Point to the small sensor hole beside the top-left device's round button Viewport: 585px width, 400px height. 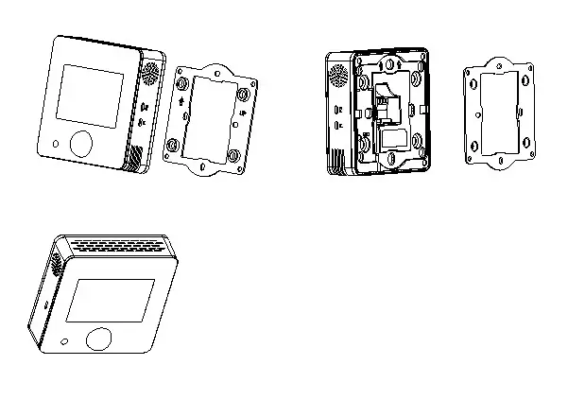pos(58,145)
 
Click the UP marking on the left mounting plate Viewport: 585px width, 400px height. pos(244,114)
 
